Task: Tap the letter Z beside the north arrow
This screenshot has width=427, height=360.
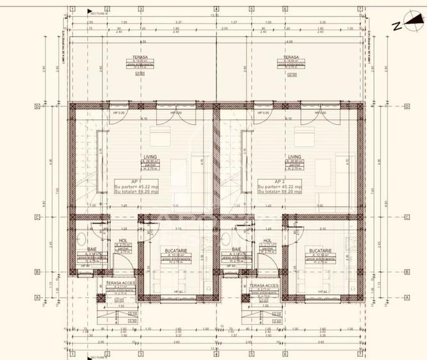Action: coord(397,26)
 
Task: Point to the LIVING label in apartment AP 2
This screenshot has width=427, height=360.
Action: coord(294,156)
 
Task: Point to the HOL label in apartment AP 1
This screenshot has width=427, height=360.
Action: coord(122,241)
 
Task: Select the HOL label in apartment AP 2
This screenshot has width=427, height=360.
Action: coord(267,241)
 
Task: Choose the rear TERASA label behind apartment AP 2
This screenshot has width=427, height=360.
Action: coord(282,57)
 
